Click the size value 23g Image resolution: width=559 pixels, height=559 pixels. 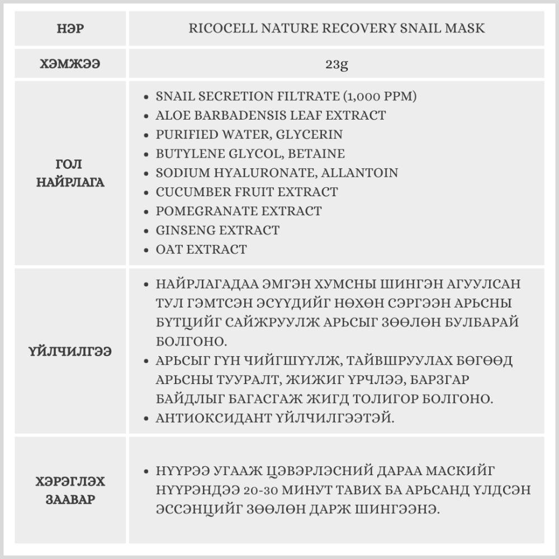tap(337, 64)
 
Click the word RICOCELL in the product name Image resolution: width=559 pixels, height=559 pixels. tap(219, 28)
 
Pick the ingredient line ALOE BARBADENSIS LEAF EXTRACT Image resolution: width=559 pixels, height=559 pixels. tap(271, 116)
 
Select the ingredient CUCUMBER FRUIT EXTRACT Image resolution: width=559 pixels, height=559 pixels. tap(247, 192)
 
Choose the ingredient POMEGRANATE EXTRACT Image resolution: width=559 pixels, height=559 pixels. tap(239, 211)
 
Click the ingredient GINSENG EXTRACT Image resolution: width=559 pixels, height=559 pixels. tap(217, 230)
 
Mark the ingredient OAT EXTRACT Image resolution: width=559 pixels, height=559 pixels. tap(201, 249)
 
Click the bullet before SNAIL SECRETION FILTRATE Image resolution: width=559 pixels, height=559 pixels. tap(146, 97)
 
